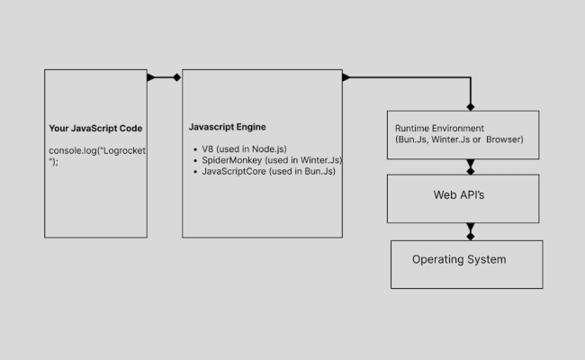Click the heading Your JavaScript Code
[x=95, y=128]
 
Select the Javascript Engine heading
[x=227, y=127]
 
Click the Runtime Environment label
[x=439, y=129]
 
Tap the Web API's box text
[x=459, y=194]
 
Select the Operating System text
[x=459, y=259]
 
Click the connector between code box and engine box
[x=164, y=77]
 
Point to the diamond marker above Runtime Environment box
[x=470, y=106]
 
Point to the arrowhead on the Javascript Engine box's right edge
[x=346, y=77]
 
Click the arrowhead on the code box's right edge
[x=151, y=77]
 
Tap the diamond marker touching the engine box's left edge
[x=177, y=77]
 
